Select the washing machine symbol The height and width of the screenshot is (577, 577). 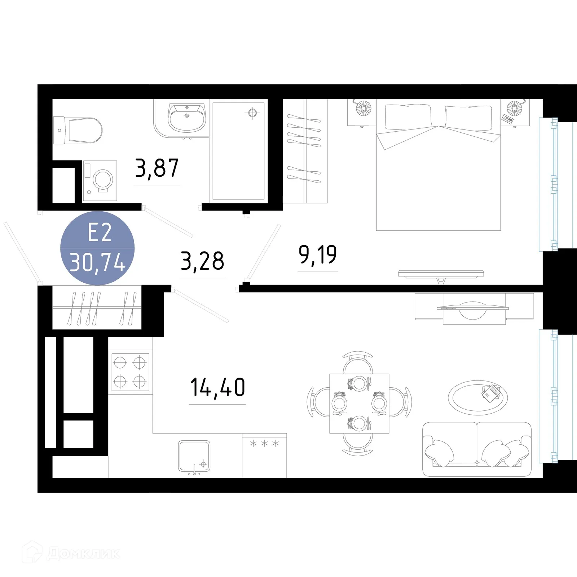point(100,181)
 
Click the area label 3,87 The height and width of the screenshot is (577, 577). point(157,168)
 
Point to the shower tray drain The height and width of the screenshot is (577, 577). point(252,113)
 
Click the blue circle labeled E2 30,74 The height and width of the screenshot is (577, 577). point(97,248)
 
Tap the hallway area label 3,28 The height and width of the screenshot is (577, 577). point(202,261)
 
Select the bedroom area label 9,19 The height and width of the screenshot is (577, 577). point(318,255)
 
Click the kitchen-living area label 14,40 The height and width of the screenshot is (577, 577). point(217,388)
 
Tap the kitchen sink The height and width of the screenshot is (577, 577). point(194,456)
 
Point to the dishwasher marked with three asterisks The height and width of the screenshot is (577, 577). point(264,455)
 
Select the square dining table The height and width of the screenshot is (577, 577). point(359,404)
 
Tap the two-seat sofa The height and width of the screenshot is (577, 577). point(476,449)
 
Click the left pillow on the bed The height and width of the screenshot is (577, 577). point(408,117)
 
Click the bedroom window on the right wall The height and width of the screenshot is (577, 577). point(548,184)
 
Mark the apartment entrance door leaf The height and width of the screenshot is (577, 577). point(21,251)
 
